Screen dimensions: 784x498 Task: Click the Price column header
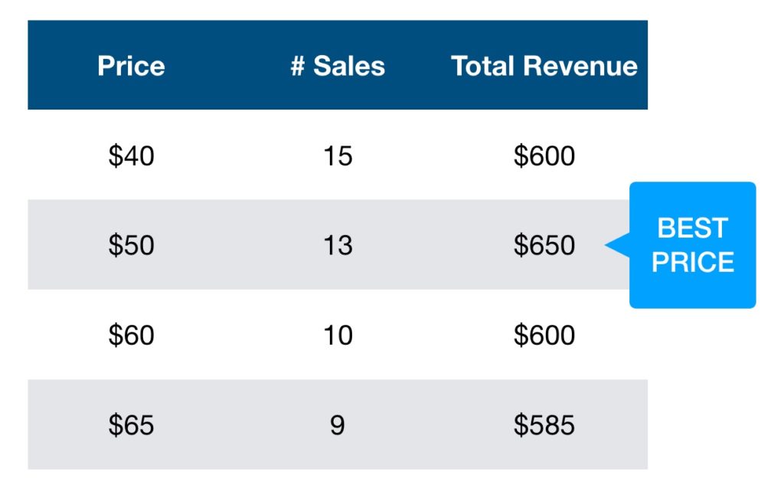131,66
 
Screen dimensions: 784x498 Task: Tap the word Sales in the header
349,66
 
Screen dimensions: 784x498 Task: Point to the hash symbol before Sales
298,66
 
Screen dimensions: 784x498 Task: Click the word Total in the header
482,66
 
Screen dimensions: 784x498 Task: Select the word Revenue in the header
580,66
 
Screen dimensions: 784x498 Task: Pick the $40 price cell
131,156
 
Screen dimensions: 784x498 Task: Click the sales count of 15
338,156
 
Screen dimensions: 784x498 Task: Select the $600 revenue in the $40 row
544,156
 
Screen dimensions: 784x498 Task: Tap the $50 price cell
131,245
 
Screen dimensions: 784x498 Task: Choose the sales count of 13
338,245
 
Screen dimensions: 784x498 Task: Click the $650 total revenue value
544,245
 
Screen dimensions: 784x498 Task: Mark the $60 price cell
131,335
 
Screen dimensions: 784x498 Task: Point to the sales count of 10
338,335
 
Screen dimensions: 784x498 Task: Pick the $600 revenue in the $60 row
544,335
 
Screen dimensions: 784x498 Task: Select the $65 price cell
131,425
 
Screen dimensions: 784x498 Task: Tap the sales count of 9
338,425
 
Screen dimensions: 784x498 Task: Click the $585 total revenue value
544,425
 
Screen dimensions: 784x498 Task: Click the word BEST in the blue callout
692,228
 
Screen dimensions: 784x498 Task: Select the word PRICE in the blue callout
692,262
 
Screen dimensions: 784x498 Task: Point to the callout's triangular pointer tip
606,245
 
